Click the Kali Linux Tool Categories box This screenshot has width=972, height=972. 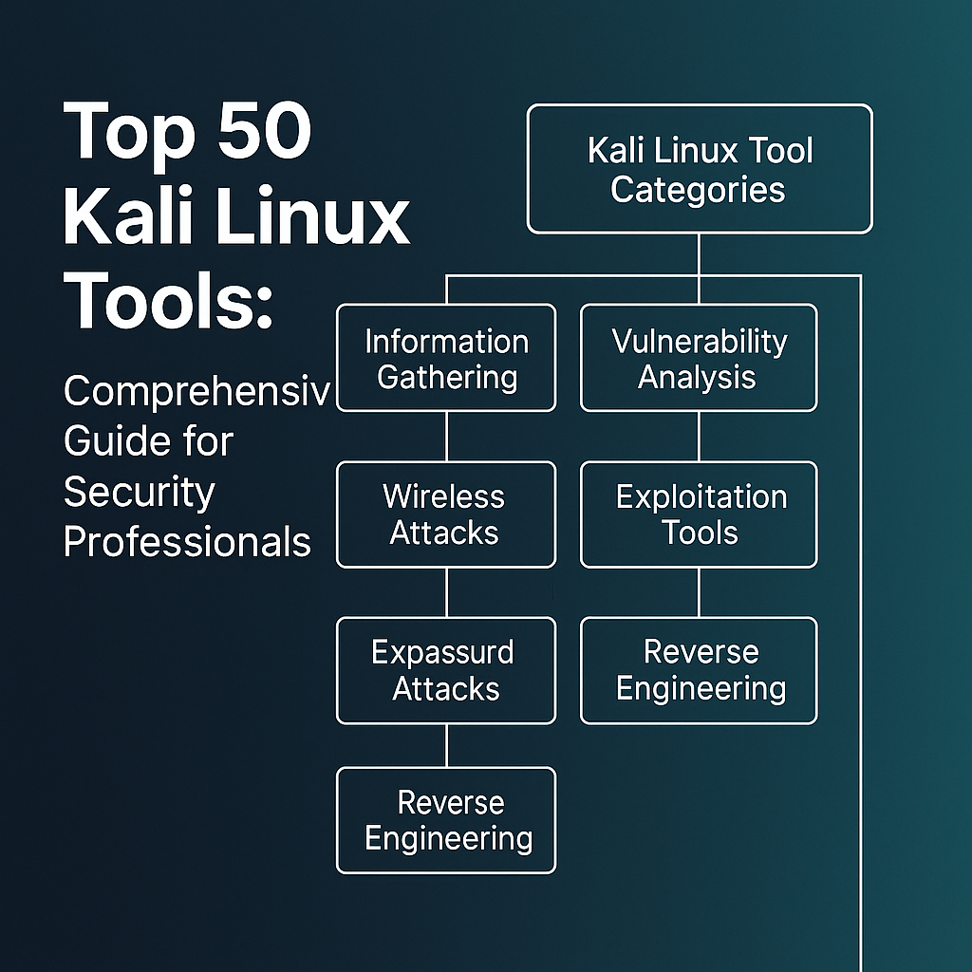click(700, 169)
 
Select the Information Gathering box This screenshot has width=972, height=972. click(446, 358)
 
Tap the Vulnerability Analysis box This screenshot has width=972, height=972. click(699, 358)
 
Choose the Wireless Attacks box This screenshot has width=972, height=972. click(446, 514)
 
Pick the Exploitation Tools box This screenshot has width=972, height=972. click(699, 514)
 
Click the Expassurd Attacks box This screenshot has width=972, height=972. click(446, 670)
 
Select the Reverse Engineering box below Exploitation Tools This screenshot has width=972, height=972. click(699, 670)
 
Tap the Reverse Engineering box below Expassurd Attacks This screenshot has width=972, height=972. click(446, 820)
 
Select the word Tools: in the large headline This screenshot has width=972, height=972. click(167, 300)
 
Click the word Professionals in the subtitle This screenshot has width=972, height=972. click(187, 542)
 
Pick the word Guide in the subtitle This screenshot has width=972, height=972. click(106, 441)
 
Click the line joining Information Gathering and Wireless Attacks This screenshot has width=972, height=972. click(446, 437)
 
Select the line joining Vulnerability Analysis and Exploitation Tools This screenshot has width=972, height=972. click(699, 437)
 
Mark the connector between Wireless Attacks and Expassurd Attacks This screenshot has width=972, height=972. click(446, 592)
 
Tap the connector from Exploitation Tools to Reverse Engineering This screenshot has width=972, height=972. click(699, 592)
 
